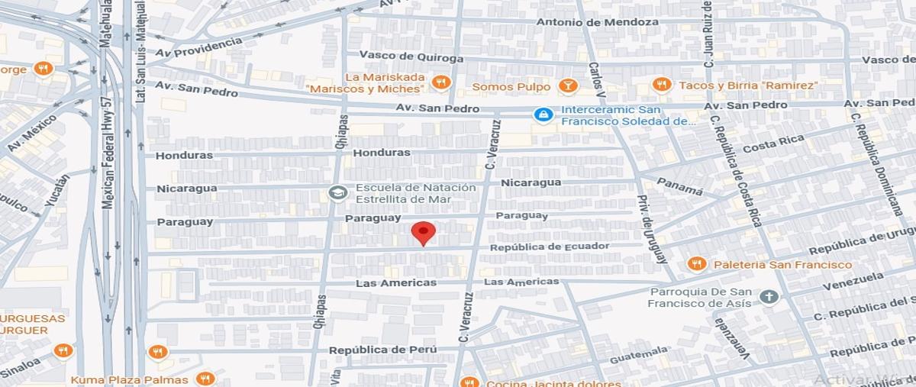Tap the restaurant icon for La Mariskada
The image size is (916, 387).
pyautogui.click(x=440, y=82)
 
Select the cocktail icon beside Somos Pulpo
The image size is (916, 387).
pyautogui.click(x=567, y=86)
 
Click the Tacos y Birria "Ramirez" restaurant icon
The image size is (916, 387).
pyautogui.click(x=662, y=85)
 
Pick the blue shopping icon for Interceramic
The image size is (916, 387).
pyautogui.click(x=543, y=114)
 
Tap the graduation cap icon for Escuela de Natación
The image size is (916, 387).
pyautogui.click(x=337, y=193)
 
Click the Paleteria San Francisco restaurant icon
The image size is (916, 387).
pyautogui.click(x=696, y=264)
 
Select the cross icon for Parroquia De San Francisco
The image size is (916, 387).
pyautogui.click(x=769, y=296)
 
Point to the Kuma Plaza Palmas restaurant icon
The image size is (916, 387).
pyautogui.click(x=205, y=379)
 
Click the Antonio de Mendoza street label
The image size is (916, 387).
pyautogui.click(x=597, y=22)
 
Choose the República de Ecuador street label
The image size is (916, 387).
pyautogui.click(x=550, y=247)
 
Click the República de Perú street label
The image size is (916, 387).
pyautogui.click(x=382, y=350)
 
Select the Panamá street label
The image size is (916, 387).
pyautogui.click(x=679, y=185)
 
